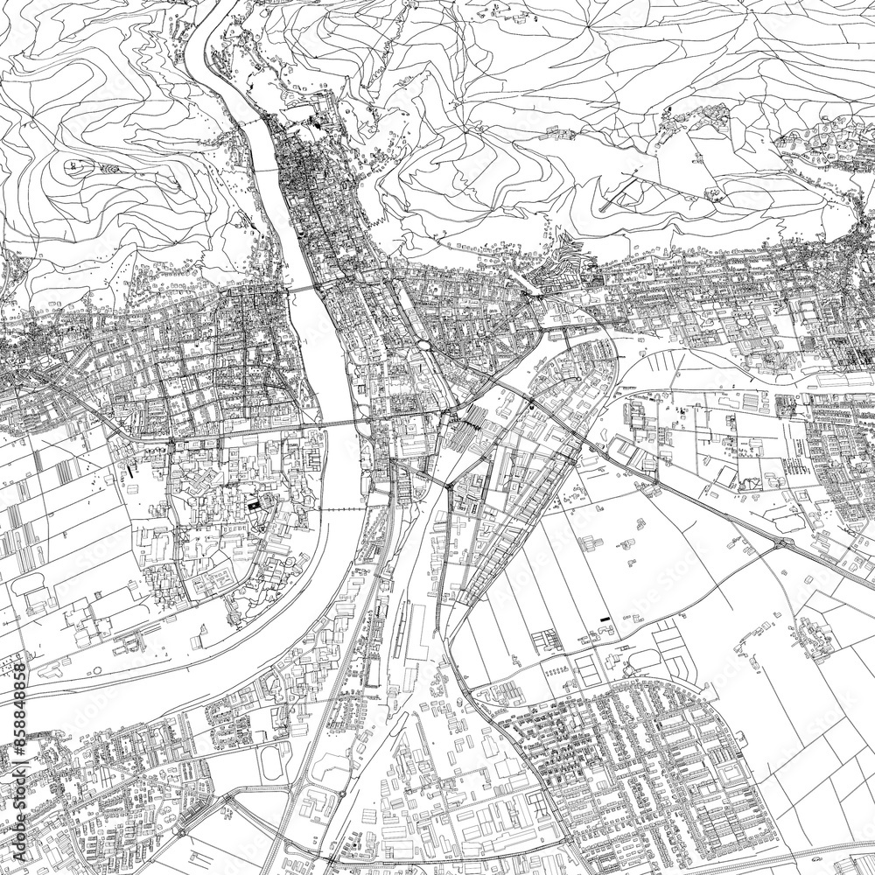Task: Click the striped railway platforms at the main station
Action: tap(472, 420)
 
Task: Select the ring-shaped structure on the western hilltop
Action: tap(73, 164)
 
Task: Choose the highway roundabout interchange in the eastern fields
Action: tap(781, 543)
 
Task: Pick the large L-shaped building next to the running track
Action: tap(324, 792)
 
